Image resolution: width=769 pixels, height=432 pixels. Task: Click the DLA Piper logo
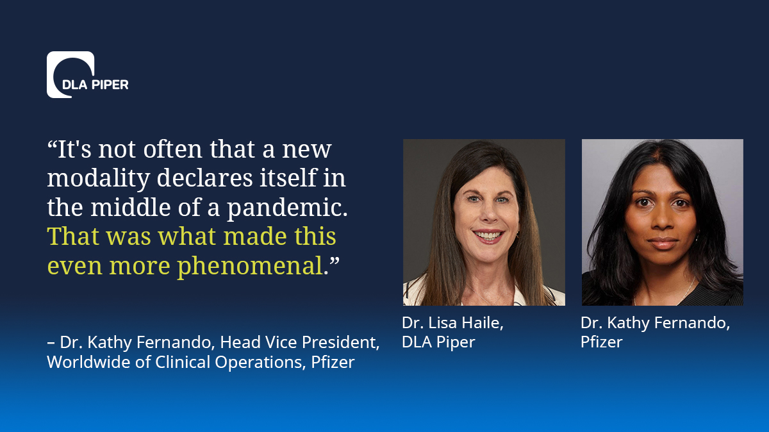(88, 74)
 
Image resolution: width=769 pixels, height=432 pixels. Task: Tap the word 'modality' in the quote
(99, 179)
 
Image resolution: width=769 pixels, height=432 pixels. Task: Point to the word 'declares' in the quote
(204, 178)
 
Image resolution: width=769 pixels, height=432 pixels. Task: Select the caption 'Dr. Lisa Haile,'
(452, 323)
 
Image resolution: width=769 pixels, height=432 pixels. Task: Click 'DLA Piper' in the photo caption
(438, 342)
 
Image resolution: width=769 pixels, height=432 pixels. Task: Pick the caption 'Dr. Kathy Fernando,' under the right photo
(655, 323)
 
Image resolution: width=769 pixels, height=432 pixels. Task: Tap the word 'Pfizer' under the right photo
(602, 342)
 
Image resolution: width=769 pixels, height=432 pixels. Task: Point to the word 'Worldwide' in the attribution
(88, 362)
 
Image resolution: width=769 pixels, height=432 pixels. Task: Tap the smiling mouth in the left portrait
(488, 236)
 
